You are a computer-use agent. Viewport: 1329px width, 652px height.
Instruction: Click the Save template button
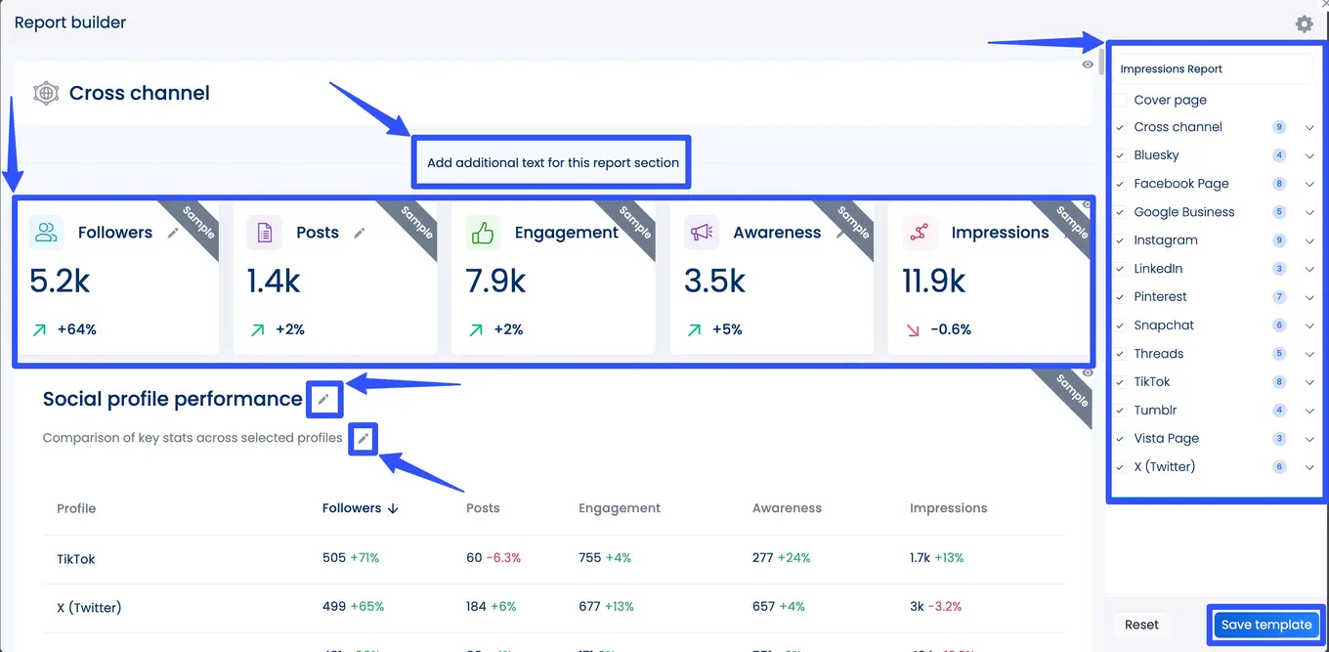point(1265,625)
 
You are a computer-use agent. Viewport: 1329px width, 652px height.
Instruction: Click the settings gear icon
point(1304,23)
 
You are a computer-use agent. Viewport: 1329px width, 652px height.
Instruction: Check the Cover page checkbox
point(1121,100)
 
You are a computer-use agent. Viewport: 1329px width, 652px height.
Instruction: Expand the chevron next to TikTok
point(1309,382)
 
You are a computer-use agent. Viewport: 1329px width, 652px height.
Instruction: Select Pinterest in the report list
point(1160,297)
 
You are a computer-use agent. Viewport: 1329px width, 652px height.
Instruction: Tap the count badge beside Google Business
point(1279,212)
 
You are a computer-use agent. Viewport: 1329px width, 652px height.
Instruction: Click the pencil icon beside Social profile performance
point(323,399)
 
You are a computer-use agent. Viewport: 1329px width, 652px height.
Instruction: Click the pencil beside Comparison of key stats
point(363,439)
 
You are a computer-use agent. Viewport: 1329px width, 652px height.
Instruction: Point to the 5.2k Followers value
point(60,282)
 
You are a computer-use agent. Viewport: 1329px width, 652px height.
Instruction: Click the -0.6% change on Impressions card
point(950,329)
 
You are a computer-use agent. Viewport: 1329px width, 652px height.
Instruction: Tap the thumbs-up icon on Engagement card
point(483,233)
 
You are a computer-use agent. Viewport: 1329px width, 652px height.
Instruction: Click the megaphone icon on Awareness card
point(701,233)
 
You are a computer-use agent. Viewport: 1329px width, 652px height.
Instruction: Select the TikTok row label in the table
point(76,559)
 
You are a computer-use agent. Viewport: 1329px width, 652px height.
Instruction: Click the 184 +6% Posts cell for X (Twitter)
point(491,607)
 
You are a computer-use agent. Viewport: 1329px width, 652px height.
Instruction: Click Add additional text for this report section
point(552,162)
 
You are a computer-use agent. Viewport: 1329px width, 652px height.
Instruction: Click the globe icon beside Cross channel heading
point(45,93)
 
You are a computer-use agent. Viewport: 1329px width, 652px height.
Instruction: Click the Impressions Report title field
point(1212,69)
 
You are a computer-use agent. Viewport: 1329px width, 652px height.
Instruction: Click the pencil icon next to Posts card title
point(360,233)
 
